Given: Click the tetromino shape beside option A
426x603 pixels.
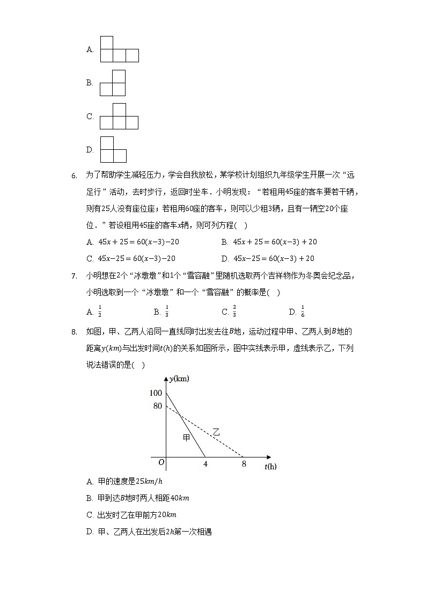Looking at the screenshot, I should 119,50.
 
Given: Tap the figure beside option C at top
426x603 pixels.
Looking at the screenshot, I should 119,117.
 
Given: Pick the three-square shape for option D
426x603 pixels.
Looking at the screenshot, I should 113,150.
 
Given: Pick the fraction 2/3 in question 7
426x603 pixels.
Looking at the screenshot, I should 234,312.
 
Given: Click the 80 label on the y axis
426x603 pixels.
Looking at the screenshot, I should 157,406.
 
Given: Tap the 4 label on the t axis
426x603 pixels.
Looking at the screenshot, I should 205,464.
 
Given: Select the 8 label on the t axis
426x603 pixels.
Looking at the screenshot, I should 244,464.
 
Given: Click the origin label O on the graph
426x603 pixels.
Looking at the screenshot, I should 160,462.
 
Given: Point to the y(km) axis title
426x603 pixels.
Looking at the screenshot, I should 179,379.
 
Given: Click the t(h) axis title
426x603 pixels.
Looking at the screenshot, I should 270,466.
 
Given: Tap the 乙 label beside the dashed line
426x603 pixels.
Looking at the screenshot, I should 216,431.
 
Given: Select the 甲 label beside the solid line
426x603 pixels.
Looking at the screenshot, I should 186,438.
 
